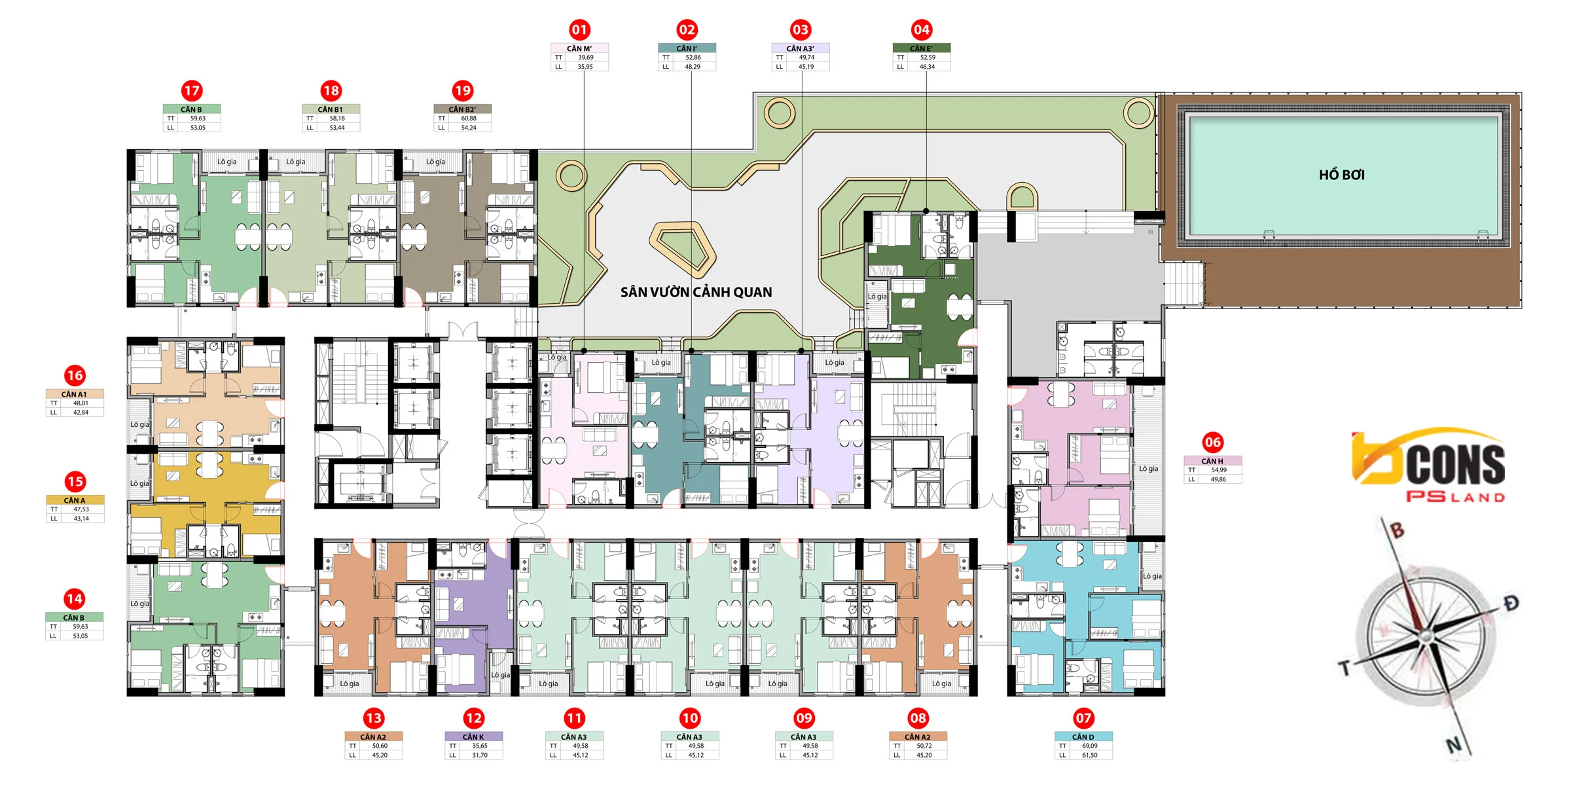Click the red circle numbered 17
pos(192,90)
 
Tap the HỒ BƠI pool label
pos(1341,175)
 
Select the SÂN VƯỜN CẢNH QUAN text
pos(696,292)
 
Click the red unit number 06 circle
pos(1213,442)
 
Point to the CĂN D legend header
pos(1083,737)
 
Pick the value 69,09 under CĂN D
pos(1090,746)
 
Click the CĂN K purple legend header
pos(473,737)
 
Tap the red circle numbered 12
pos(474,718)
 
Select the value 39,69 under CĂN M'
pos(586,58)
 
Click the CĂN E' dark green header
pos(922,48)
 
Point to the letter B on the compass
pos(1397,530)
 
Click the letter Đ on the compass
pos(1511,602)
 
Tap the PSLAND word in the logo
pos(1456,497)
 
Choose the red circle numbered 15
pos(75,482)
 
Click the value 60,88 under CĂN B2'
pos(469,119)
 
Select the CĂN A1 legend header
pos(74,394)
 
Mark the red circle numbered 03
pos(801,29)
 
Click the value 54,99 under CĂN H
pos(1219,470)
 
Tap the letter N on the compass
pos(1453,745)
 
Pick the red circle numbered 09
pos(804,718)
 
